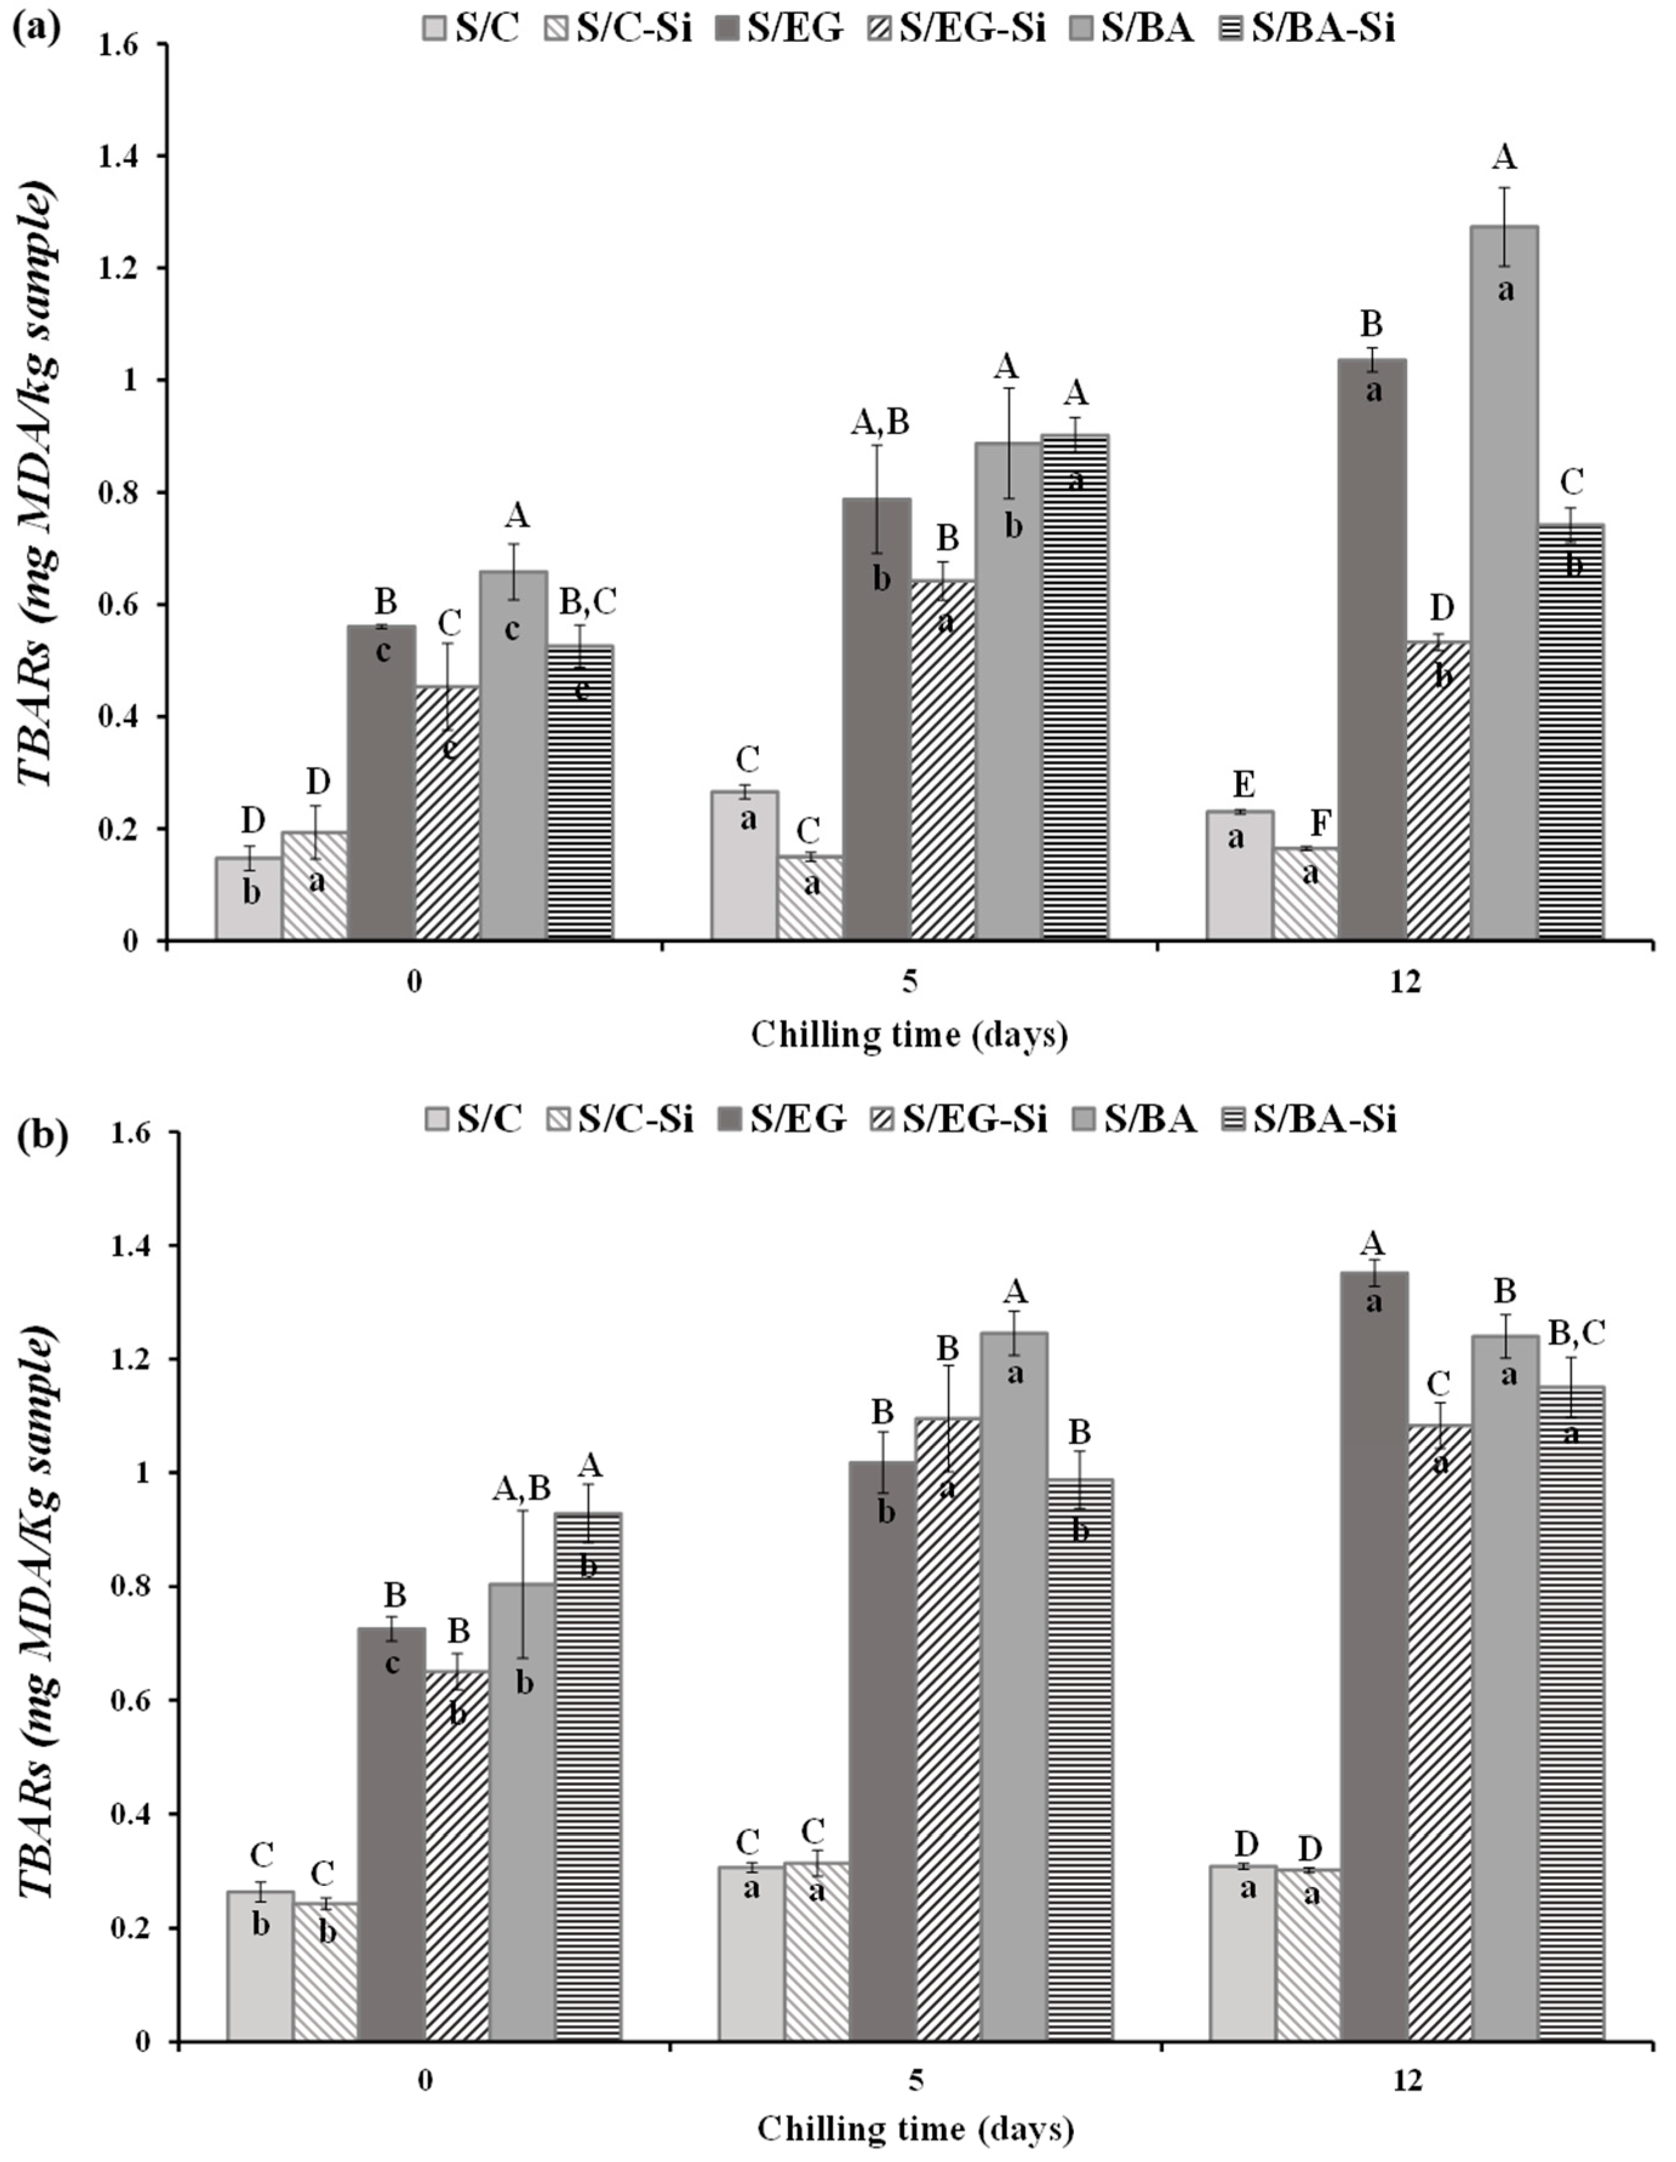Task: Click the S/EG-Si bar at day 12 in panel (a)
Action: [1439, 792]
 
